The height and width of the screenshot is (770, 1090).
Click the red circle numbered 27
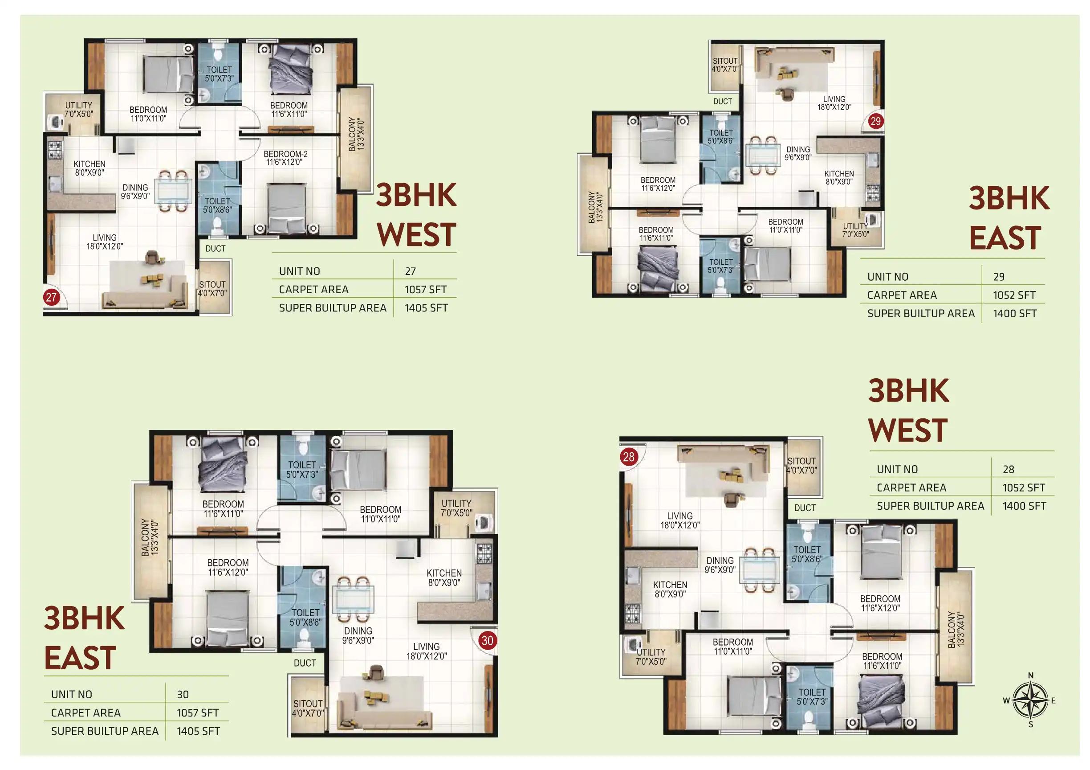coord(51,298)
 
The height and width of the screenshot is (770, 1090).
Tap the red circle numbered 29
coord(875,121)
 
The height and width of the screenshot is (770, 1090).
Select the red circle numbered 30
coord(487,640)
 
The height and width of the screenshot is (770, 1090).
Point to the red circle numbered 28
coord(629,457)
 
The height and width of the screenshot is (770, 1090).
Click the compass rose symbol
coord(1030,700)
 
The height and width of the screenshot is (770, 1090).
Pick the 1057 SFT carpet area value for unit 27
coord(425,289)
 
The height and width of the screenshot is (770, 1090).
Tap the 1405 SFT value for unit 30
coord(199,731)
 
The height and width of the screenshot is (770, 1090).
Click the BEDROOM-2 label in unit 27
coord(285,154)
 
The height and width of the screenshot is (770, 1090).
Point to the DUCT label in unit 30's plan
coord(305,663)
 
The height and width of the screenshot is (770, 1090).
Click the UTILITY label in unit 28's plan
coord(651,652)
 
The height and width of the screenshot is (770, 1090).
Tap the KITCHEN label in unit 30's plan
coord(444,573)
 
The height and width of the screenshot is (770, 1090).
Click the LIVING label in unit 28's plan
coord(680,516)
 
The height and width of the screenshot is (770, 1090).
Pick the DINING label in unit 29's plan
coord(798,150)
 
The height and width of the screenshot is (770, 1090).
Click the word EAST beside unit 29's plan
coord(1005,238)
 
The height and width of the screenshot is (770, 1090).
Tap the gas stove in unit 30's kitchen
coord(484,553)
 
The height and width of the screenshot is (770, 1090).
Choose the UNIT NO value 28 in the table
coord(1009,469)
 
